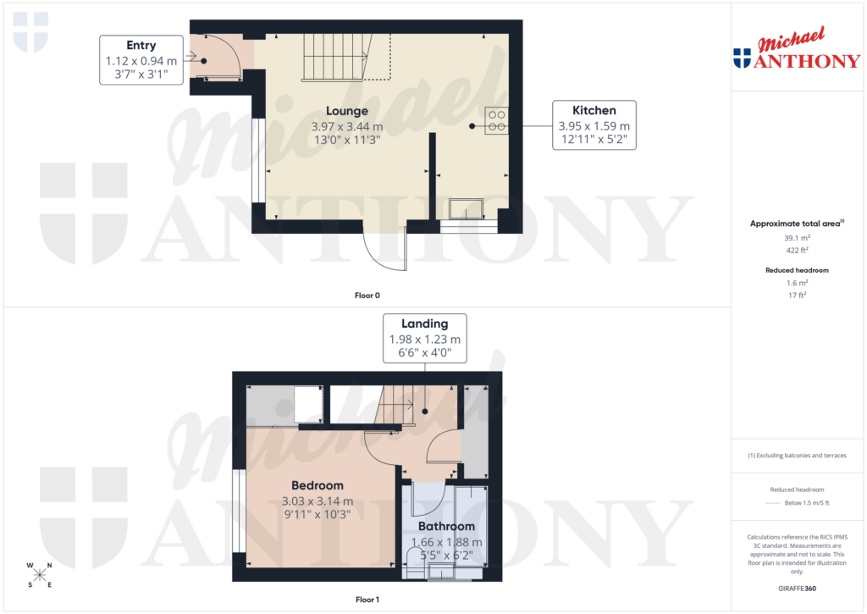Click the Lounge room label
coord(347,111)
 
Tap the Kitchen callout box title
coord(594,110)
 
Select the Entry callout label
coord(141,46)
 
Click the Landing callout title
coord(424,323)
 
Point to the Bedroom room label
coord(318,485)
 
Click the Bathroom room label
coord(446,526)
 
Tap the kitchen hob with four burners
coord(496,120)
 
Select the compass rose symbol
coord(40,575)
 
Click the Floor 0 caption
coord(367,296)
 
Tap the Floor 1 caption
coord(367,600)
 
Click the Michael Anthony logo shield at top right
coord(742,58)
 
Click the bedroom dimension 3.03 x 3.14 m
coord(318,501)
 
